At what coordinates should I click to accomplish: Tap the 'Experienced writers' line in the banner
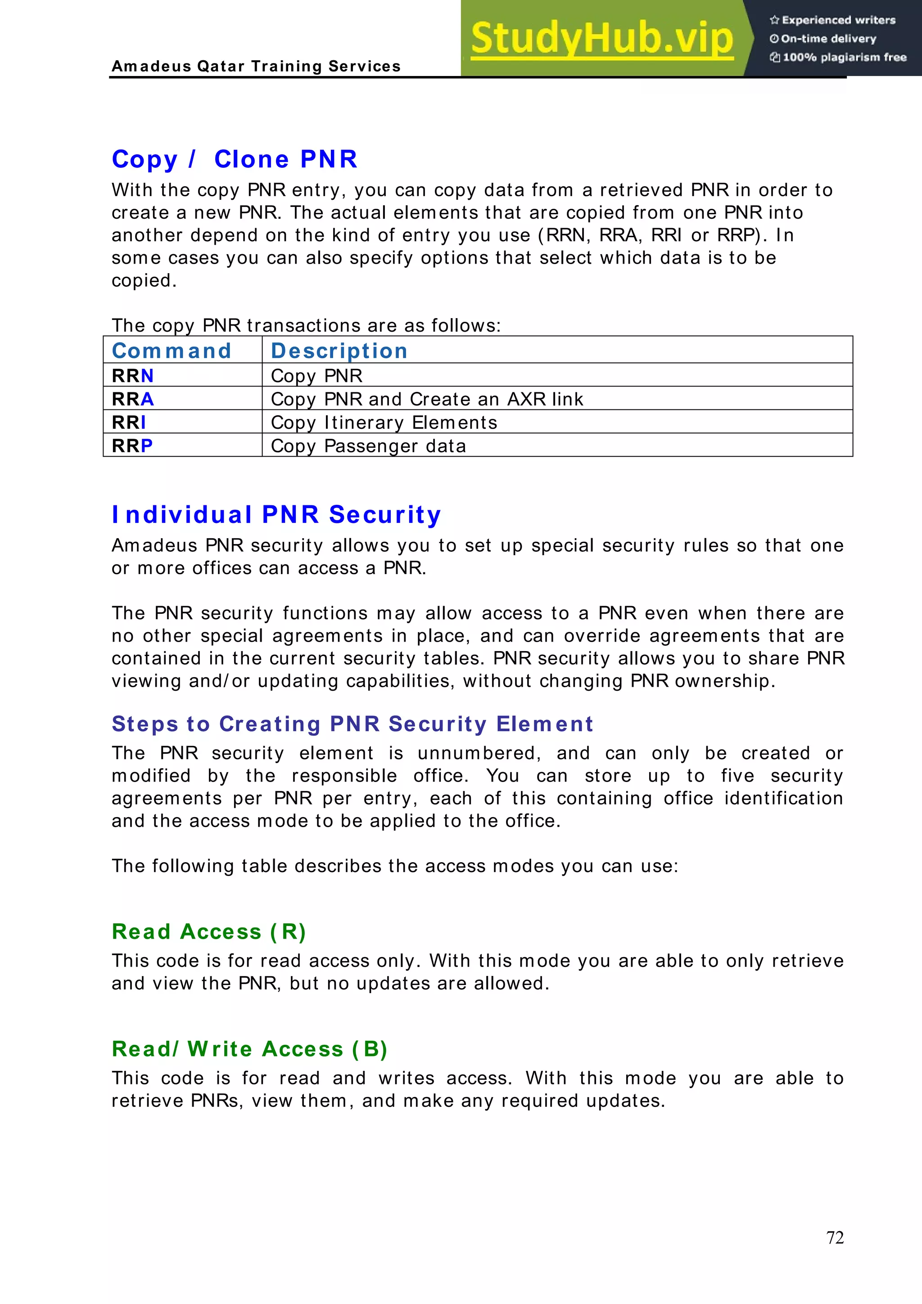[x=833, y=20]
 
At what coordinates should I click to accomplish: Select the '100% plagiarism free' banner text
[x=839, y=57]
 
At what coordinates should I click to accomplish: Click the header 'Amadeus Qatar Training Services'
[x=256, y=67]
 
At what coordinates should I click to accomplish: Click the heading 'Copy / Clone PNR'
[x=235, y=159]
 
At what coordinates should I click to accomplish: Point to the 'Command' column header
[x=172, y=351]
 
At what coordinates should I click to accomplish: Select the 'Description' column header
[x=339, y=351]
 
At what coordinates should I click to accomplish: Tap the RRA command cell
[x=133, y=399]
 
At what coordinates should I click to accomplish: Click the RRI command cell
[x=129, y=422]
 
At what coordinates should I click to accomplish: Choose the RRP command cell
[x=132, y=445]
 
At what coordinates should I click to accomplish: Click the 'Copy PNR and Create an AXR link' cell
[x=427, y=399]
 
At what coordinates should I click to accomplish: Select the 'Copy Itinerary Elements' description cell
[x=384, y=422]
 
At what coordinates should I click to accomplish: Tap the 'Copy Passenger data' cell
[x=368, y=445]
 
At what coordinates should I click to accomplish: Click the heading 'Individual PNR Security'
[x=276, y=515]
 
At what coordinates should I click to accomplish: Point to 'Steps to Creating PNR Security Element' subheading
[x=352, y=724]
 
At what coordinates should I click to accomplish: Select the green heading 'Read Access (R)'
[x=209, y=931]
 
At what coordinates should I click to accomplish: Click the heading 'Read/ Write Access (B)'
[x=250, y=1048]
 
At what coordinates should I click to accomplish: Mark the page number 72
[x=835, y=1237]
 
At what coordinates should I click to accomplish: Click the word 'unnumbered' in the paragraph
[x=479, y=753]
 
